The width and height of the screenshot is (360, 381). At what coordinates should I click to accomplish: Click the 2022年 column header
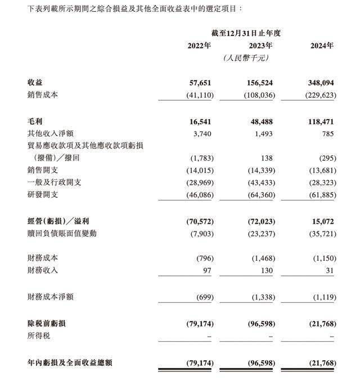(199, 46)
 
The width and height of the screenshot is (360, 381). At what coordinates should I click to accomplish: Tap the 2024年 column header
(322, 46)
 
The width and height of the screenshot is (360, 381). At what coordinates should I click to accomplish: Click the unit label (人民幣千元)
(246, 58)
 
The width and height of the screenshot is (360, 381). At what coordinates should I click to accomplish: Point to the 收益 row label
(35, 83)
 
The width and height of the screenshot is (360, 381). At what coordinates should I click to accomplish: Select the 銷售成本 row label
(43, 95)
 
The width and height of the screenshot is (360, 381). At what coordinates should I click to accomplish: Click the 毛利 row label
(35, 121)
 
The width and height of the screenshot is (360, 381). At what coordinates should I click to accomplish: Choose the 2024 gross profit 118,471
(320, 121)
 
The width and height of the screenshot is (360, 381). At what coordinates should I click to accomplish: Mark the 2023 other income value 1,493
(263, 134)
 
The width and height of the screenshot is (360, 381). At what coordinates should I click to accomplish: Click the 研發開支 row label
(43, 194)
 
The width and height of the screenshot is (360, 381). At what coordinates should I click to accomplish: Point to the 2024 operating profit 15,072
(322, 221)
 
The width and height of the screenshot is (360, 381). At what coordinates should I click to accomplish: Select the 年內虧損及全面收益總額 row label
(70, 363)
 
